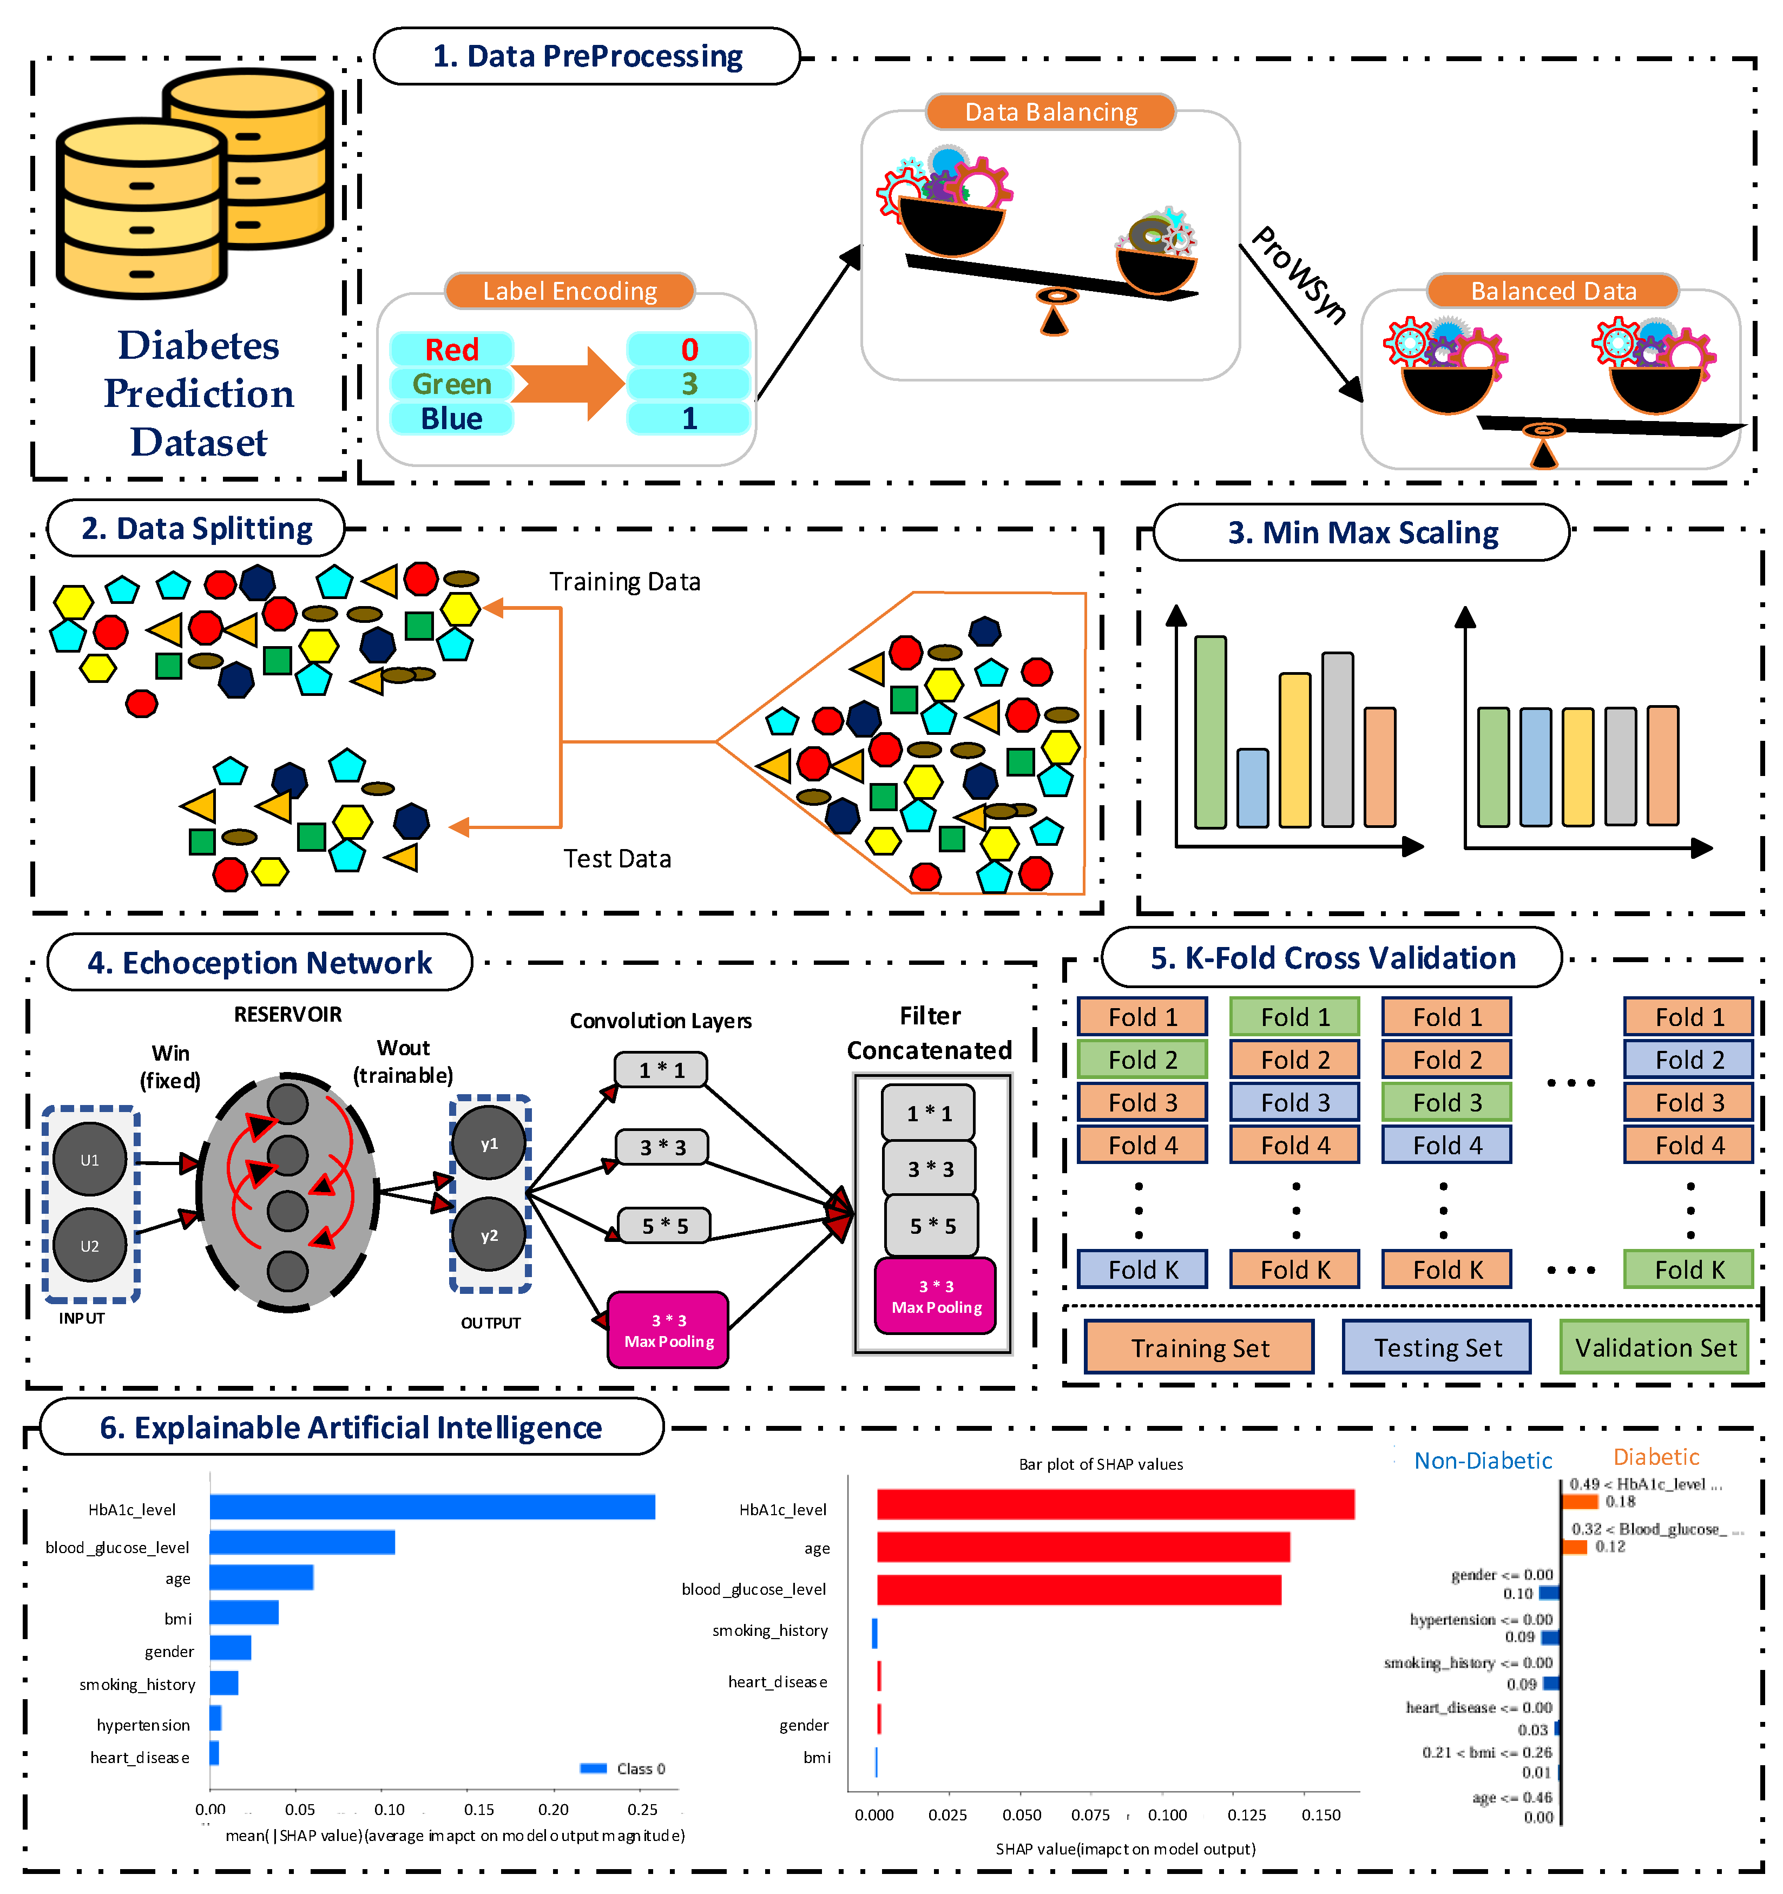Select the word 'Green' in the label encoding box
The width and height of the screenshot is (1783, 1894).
(451, 384)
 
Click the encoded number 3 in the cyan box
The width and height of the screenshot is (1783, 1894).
(689, 384)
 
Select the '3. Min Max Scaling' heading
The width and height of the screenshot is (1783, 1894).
(1362, 532)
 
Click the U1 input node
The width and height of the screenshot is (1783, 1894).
(89, 1160)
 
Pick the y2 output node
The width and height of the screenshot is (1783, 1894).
(489, 1235)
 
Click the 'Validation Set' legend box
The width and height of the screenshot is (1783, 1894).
(1654, 1347)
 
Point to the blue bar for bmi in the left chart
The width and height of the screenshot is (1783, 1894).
(244, 1612)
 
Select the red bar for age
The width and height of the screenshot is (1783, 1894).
(1083, 1547)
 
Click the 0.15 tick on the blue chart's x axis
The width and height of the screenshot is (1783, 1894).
(479, 1809)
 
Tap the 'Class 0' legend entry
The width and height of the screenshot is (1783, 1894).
(624, 1768)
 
